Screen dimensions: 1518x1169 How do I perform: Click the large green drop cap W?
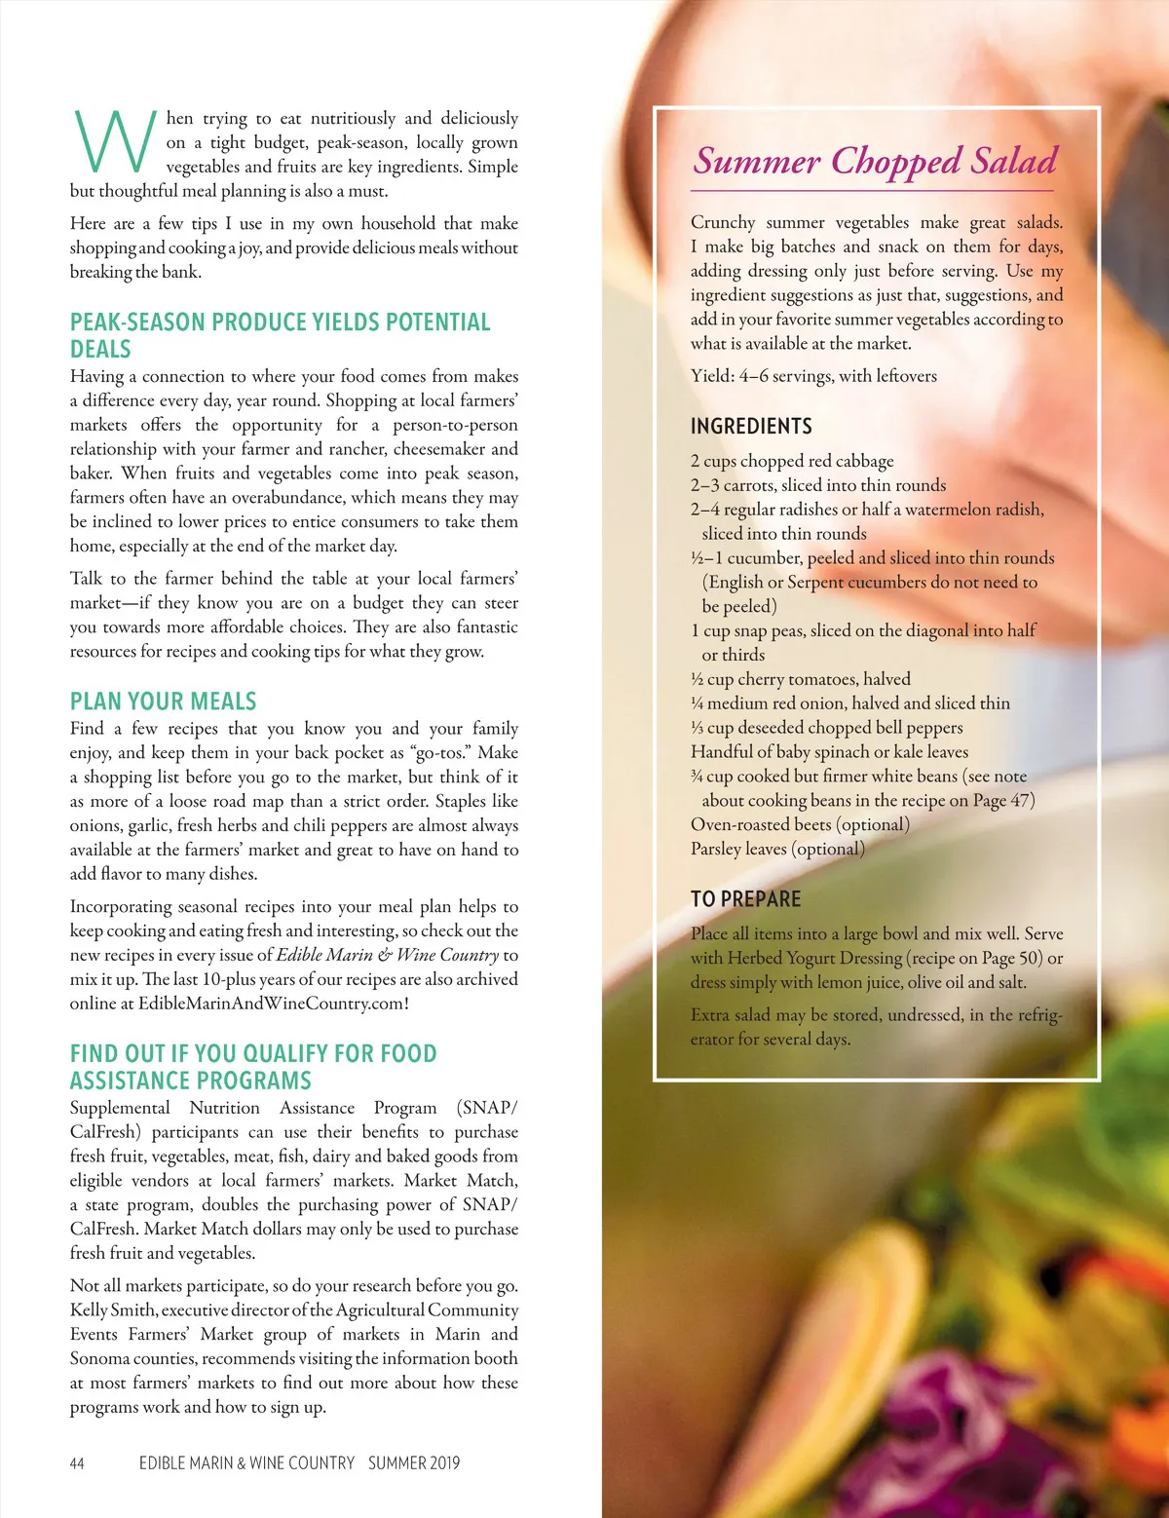click(x=114, y=141)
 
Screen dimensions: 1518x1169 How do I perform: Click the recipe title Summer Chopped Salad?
click(x=875, y=161)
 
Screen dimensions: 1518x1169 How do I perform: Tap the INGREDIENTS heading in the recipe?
click(x=751, y=426)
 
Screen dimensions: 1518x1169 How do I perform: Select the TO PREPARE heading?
click(x=745, y=898)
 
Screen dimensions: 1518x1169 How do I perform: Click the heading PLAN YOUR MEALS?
click(x=163, y=702)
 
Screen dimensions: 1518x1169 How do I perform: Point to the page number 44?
click(x=77, y=1462)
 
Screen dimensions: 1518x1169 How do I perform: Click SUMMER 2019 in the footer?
click(x=413, y=1462)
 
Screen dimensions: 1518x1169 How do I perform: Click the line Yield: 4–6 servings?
click(x=813, y=376)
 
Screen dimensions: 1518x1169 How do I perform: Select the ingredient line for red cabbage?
click(x=792, y=461)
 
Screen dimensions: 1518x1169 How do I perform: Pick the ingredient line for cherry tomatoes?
click(x=801, y=679)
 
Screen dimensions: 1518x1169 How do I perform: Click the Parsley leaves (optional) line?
click(x=777, y=849)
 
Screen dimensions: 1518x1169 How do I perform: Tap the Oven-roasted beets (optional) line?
click(x=800, y=824)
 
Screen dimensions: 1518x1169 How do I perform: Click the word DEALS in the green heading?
click(x=100, y=349)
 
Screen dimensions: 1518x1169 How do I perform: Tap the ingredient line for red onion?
click(x=850, y=703)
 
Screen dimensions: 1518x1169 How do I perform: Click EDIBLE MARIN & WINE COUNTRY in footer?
click(x=246, y=1462)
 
